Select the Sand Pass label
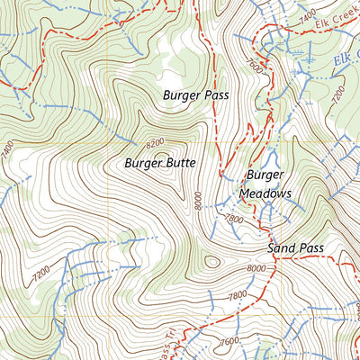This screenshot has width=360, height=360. pos(295,247)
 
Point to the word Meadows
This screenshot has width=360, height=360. pos(265,193)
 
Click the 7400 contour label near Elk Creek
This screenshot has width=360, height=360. pos(306,16)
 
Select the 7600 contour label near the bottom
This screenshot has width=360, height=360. pos(228,341)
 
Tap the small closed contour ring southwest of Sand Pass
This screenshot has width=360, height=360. pos(211,263)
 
